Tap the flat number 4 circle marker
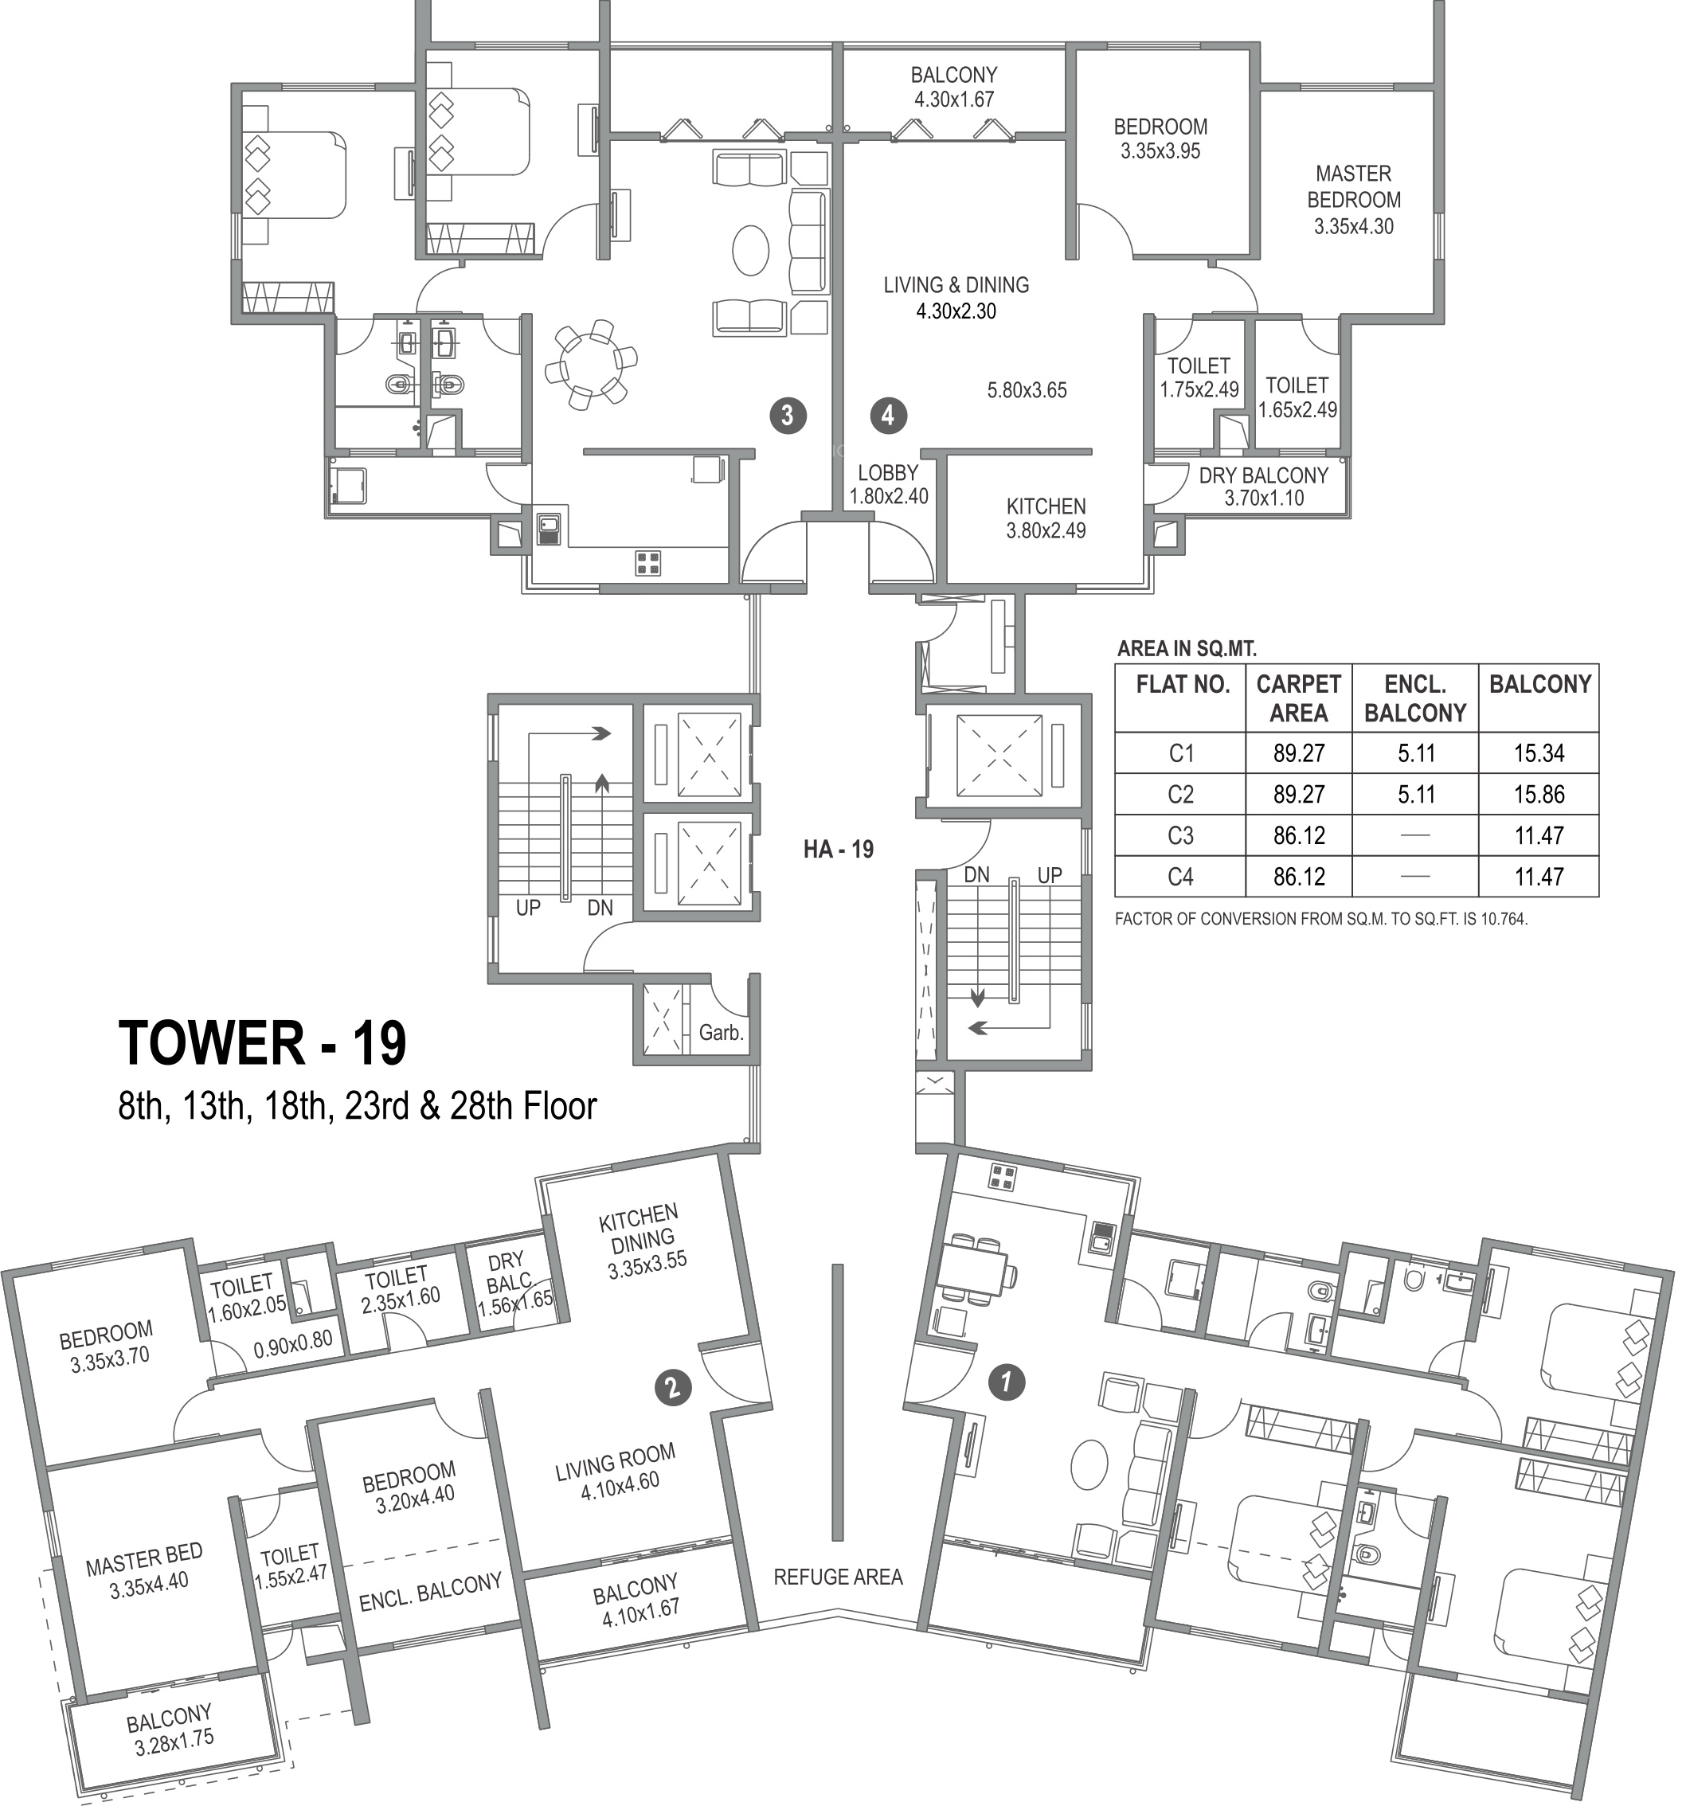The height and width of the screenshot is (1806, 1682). pos(888,415)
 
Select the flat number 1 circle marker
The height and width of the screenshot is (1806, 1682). pos(1006,1382)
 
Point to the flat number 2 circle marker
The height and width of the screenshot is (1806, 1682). pos(672,1387)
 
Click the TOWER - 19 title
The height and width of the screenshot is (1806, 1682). pos(263,1043)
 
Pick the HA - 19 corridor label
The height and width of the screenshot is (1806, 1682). pos(838,850)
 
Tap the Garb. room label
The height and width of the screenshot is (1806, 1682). pos(721,1033)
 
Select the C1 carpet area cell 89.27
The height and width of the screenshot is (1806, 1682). pos(1298,753)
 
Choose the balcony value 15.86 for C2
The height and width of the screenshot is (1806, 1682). pos(1539,795)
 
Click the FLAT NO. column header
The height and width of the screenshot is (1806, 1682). pos(1182,684)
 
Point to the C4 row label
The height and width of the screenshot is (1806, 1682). pos(1180,877)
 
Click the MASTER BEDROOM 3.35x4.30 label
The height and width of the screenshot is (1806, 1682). pos(1354,200)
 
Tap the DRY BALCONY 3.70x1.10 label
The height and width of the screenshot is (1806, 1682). pos(1263,486)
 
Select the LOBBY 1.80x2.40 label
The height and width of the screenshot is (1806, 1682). pos(888,484)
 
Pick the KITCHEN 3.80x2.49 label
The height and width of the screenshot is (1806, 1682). pos(1046,518)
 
